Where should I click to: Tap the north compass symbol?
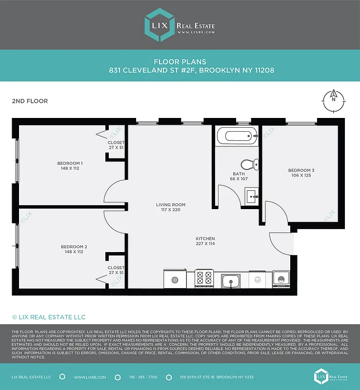334,101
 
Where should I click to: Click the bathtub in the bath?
237,136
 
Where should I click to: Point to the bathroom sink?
252,197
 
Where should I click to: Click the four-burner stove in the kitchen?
204,278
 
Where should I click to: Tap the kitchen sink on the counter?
230,281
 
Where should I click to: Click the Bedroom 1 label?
70,163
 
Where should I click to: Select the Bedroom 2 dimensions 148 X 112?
74,252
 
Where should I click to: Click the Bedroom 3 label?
301,170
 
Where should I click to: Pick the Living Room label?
170,205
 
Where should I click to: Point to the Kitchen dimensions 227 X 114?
205,243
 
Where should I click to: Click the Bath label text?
239,174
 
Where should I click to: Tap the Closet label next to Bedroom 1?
116,142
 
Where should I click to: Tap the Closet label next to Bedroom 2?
116,268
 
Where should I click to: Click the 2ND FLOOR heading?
30,101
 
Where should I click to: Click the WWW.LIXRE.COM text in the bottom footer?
87,377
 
